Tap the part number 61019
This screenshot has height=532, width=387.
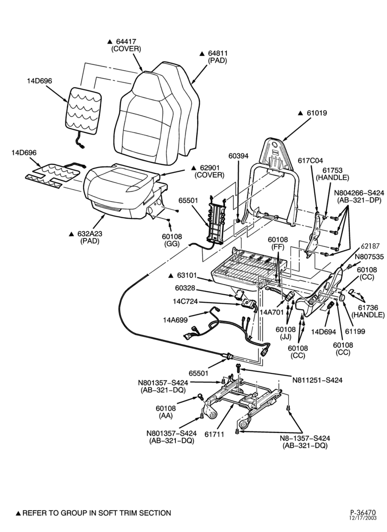point(317,113)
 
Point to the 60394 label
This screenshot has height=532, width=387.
point(238,156)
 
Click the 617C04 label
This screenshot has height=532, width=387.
point(310,161)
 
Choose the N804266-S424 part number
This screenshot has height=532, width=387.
point(359,193)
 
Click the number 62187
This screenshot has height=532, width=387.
point(369,246)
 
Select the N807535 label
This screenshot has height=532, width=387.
point(369,256)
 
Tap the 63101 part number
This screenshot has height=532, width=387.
point(186,275)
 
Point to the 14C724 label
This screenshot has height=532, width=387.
point(185,302)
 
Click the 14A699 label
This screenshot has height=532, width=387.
point(175,319)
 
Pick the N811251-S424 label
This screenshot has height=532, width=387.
point(317,380)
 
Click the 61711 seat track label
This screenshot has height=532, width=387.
point(214,434)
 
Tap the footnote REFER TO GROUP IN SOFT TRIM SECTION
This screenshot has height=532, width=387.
point(97,513)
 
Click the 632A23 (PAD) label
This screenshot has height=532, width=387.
point(90,237)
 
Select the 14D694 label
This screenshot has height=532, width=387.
point(323,331)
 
